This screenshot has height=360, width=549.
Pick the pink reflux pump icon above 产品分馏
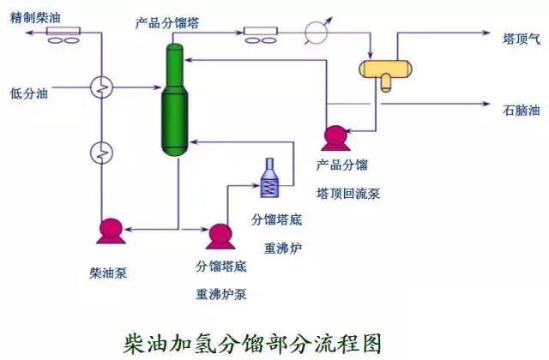tap(333, 135)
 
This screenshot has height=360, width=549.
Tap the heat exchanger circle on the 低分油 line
tap(101, 87)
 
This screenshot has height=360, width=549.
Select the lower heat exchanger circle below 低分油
tap(101, 153)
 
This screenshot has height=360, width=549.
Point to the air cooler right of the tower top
tap(261, 34)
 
